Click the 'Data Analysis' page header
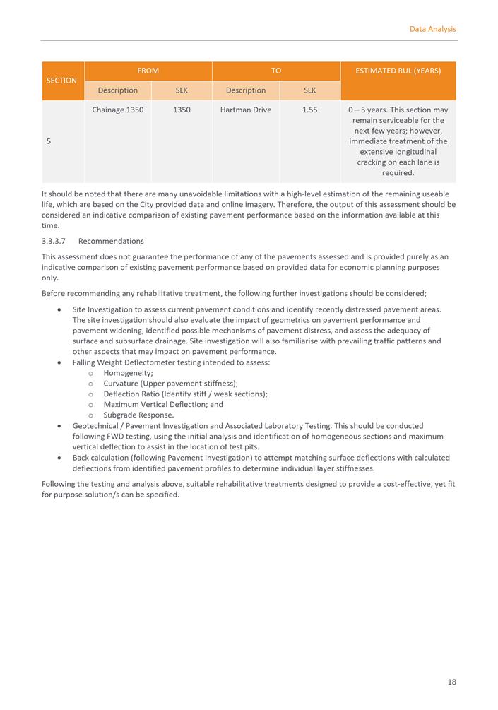click(432, 29)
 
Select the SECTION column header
click(61, 81)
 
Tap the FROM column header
click(148, 71)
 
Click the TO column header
click(275, 71)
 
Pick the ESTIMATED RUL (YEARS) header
click(398, 71)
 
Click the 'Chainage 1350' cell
click(117, 110)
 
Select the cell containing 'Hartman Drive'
click(246, 110)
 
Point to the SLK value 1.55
click(309, 110)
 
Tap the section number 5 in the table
click(48, 141)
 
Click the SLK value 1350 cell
click(181, 110)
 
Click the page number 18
click(451, 682)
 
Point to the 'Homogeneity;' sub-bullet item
click(128, 373)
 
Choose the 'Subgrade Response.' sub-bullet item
click(138, 415)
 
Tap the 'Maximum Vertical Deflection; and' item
click(162, 405)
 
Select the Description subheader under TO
click(246, 90)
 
